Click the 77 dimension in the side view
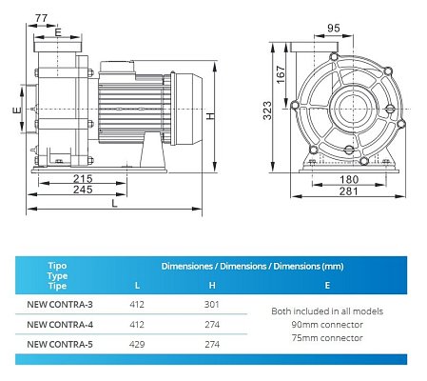pyautogui.click(x=41, y=18)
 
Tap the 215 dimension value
pyautogui.click(x=83, y=178)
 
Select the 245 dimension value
pyautogui.click(x=83, y=190)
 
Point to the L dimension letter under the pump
pyautogui.click(x=114, y=204)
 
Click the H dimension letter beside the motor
pyautogui.click(x=211, y=116)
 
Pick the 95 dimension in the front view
pyautogui.click(x=334, y=29)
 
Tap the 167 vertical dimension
pyautogui.click(x=281, y=74)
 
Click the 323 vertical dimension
pyautogui.click(x=267, y=110)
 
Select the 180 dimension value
pyautogui.click(x=349, y=180)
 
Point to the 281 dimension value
pyautogui.click(x=349, y=191)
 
